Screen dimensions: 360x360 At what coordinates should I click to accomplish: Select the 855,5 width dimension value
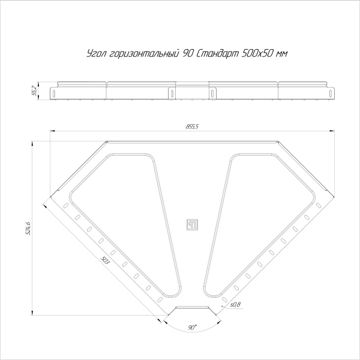tap(192, 127)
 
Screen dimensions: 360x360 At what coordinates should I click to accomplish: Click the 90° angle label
tap(192, 328)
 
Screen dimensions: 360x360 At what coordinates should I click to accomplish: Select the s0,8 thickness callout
tap(235, 305)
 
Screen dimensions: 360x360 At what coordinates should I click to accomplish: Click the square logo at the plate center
tap(193, 225)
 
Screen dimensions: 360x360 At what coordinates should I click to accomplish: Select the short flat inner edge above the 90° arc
tap(193, 307)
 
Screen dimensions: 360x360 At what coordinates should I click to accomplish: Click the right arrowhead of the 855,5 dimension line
tap(332, 131)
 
